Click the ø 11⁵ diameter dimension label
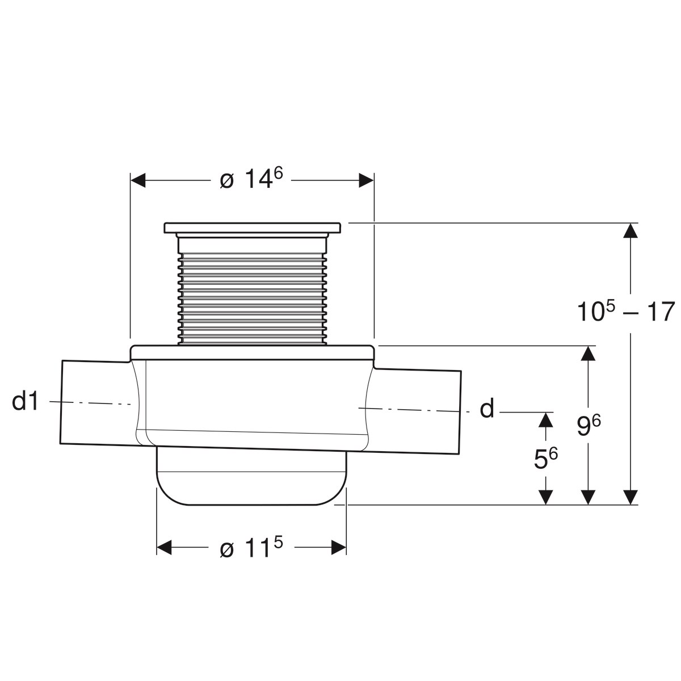251,548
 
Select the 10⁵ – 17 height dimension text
626,311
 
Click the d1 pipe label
26,401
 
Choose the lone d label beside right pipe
487,409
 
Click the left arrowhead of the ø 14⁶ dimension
138,180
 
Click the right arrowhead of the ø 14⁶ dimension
367,180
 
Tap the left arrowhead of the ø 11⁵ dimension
164,548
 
